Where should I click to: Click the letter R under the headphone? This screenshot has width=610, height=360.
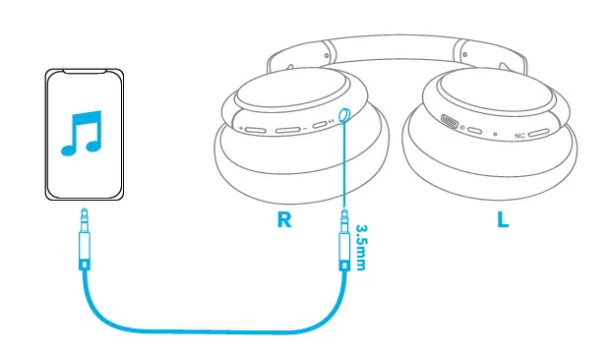coord(284,220)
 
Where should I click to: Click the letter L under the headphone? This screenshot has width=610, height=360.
coord(503,220)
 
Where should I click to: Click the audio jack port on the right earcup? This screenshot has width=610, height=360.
coord(344,115)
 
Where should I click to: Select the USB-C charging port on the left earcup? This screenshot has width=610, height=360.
coord(452,124)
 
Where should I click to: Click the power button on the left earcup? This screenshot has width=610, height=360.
coord(474,131)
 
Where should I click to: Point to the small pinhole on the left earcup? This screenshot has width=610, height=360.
coord(495,135)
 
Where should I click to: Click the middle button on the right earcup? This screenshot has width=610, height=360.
coord(287,129)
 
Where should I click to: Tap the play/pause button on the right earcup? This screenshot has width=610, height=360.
coord(322,125)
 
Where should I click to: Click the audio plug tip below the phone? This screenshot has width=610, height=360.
coord(84,214)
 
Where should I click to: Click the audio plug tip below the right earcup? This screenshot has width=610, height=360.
coord(344,214)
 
